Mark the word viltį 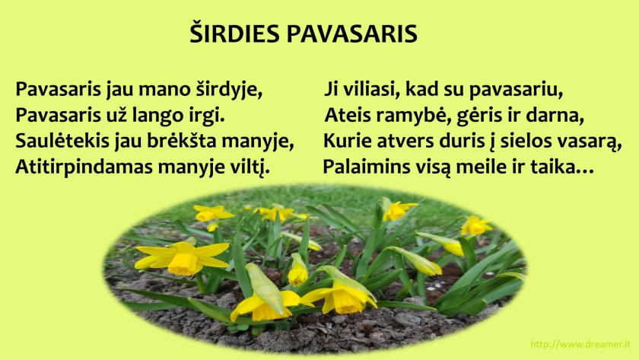pos(250,167)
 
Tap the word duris pos(452,142)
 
